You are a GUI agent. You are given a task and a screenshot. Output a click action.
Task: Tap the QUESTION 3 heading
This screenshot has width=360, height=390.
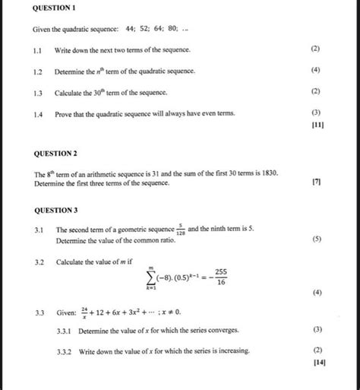[x=55, y=209]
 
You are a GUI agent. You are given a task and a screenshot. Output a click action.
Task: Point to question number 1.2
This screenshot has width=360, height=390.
[x=38, y=71]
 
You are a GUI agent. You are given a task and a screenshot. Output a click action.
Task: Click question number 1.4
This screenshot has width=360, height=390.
[x=38, y=113]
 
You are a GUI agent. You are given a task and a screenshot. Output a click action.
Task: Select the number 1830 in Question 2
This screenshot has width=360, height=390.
[x=271, y=174]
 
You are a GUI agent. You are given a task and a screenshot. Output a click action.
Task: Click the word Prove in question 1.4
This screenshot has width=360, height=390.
[x=65, y=113]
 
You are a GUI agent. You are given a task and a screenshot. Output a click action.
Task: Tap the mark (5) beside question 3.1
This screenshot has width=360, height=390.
[x=316, y=239]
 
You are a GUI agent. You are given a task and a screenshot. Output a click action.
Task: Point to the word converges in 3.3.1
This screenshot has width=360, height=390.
[x=222, y=330]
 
